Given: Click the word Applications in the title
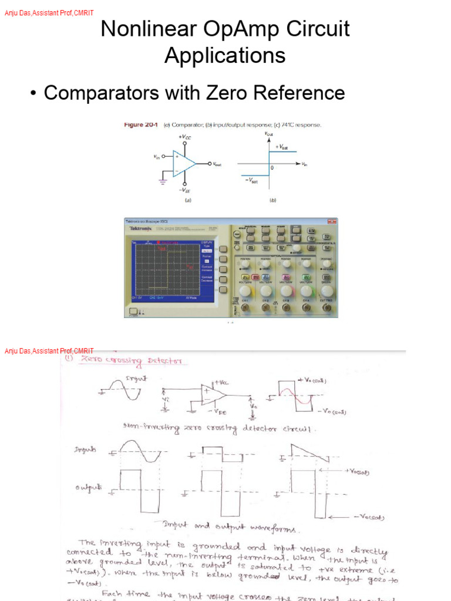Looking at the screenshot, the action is [x=225, y=55].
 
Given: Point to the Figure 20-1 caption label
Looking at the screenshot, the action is [x=141, y=125].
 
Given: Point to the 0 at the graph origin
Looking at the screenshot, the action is [x=272, y=168].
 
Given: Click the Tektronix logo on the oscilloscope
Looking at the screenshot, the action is [x=140, y=228].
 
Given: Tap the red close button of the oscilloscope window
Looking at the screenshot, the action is [x=333, y=221].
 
